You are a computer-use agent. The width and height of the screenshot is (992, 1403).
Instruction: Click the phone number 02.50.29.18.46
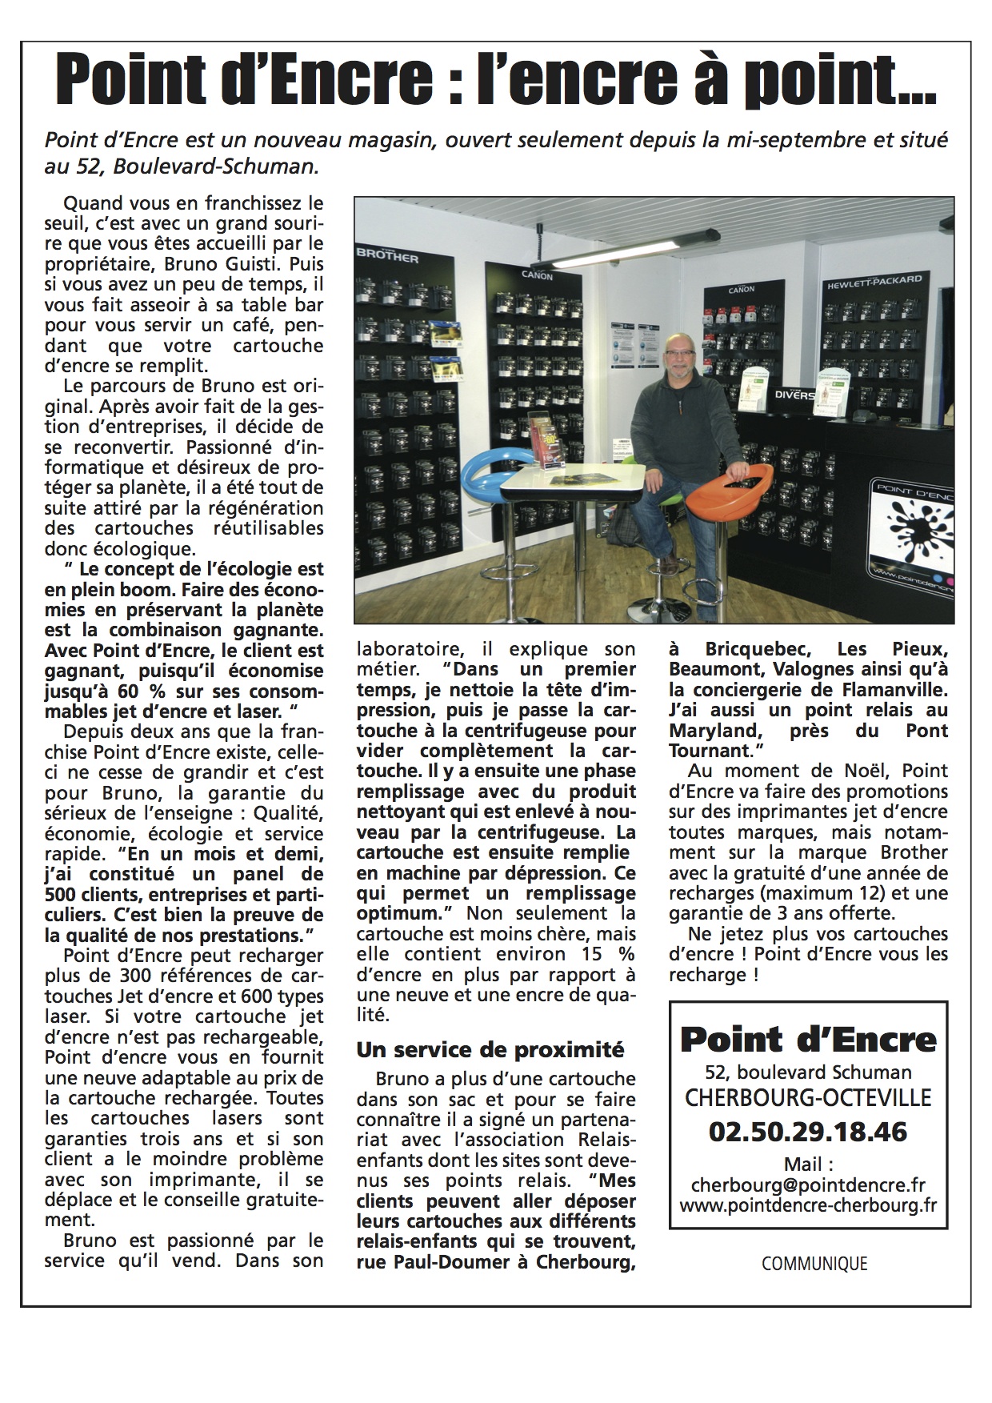(808, 1131)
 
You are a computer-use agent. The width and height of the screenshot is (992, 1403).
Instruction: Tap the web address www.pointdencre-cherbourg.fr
(808, 1204)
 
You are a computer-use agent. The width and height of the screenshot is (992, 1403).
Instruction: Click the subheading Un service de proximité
(490, 1048)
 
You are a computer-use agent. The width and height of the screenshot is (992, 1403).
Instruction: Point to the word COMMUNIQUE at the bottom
(814, 1263)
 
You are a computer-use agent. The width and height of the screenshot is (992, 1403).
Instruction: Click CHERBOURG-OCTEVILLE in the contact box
(808, 1096)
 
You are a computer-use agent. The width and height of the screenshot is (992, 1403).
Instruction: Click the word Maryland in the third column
(709, 730)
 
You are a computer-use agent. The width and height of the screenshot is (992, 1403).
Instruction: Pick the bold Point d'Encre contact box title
(808, 1039)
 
